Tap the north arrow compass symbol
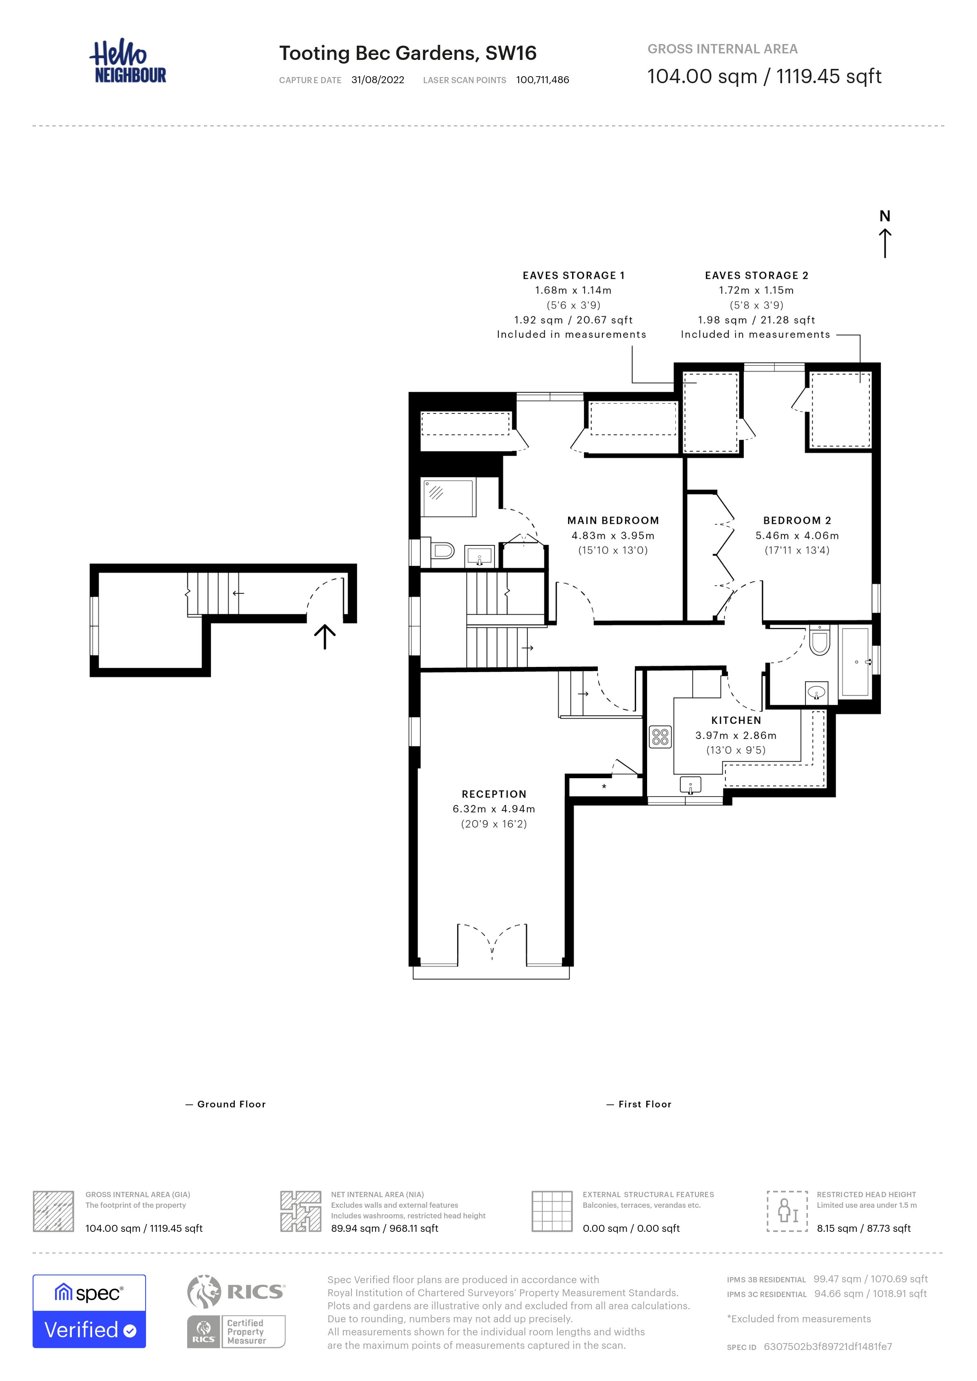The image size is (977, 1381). pyautogui.click(x=884, y=234)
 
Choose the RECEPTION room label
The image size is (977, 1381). pyautogui.click(x=494, y=794)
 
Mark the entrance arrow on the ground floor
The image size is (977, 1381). pyautogui.click(x=325, y=636)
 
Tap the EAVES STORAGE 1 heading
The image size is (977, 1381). pyautogui.click(x=573, y=276)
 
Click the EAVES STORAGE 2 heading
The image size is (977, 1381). pyautogui.click(x=757, y=276)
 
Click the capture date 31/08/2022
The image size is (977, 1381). pyautogui.click(x=378, y=80)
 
